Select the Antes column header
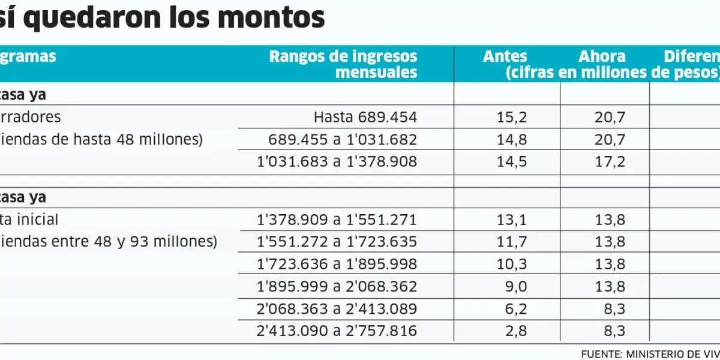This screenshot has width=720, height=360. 505,57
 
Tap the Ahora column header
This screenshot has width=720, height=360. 602,57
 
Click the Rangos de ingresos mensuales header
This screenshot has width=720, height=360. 343,64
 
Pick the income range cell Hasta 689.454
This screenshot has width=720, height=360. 365,117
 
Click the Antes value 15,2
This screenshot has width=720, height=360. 512,117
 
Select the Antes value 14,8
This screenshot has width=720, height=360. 512,140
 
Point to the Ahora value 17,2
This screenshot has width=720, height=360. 610,162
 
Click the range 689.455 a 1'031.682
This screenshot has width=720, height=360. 342,140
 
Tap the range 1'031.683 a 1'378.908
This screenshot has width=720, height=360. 337,162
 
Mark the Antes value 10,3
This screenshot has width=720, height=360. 512,265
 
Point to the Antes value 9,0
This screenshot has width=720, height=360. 516,287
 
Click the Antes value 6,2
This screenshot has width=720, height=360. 516,309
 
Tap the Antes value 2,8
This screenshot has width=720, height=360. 516,331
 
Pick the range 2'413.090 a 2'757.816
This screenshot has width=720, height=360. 337,331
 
